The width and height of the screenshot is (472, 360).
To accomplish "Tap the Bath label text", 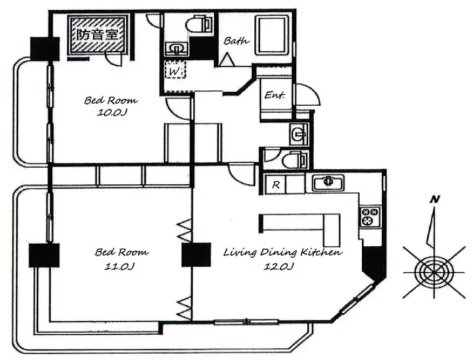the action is click(x=236, y=41).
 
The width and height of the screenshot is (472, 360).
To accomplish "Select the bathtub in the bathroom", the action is click(x=272, y=35).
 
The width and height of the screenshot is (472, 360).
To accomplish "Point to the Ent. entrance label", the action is click(x=274, y=95).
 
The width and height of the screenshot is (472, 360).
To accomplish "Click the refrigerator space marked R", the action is click(x=276, y=184).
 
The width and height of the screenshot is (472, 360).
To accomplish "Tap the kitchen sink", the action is click(x=328, y=182).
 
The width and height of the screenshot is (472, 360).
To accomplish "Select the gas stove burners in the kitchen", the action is click(x=370, y=217).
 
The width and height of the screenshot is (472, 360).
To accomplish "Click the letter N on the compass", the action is click(x=435, y=199).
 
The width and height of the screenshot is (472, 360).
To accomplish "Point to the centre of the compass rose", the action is click(x=434, y=272).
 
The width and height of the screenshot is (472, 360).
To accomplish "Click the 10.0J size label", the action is click(x=112, y=113).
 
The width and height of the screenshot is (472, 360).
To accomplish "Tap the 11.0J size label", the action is click(x=119, y=267).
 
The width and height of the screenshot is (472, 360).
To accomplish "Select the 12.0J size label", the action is click(x=279, y=267).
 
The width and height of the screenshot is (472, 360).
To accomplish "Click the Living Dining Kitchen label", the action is click(x=283, y=252).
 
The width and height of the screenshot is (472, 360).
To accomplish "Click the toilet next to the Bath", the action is click(x=199, y=24).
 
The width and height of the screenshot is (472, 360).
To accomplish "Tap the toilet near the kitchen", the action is click(x=295, y=160).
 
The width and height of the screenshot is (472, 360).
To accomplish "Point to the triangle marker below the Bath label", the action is click(x=227, y=59).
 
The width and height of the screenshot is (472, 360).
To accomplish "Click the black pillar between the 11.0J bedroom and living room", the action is click(x=196, y=255).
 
